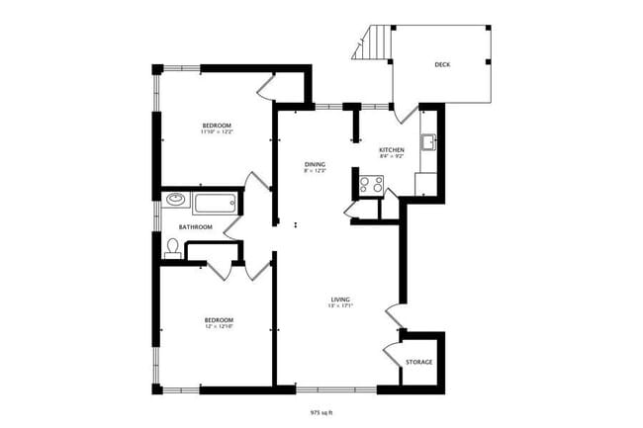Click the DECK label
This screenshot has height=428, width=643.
click(x=443, y=65)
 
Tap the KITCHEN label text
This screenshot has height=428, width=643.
click(x=392, y=149)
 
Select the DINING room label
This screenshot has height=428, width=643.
click(x=315, y=164)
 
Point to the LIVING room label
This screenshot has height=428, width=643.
click(x=340, y=299)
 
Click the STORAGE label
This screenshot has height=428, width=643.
click(x=418, y=363)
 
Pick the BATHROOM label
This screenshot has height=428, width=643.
click(x=196, y=226)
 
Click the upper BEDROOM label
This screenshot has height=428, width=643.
click(x=217, y=125)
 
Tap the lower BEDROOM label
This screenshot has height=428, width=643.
click(x=218, y=319)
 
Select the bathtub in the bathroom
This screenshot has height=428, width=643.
click(x=216, y=204)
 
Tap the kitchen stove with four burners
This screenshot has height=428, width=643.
click(x=372, y=183)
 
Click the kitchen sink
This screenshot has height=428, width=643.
click(x=428, y=142)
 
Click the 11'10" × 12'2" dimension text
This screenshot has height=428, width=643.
click(x=217, y=131)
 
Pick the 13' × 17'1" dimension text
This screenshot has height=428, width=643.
click(x=340, y=305)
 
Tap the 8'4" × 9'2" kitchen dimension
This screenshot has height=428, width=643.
click(x=392, y=156)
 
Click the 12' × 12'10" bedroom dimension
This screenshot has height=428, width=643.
click(x=218, y=326)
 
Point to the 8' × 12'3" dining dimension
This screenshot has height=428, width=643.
click(x=315, y=171)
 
